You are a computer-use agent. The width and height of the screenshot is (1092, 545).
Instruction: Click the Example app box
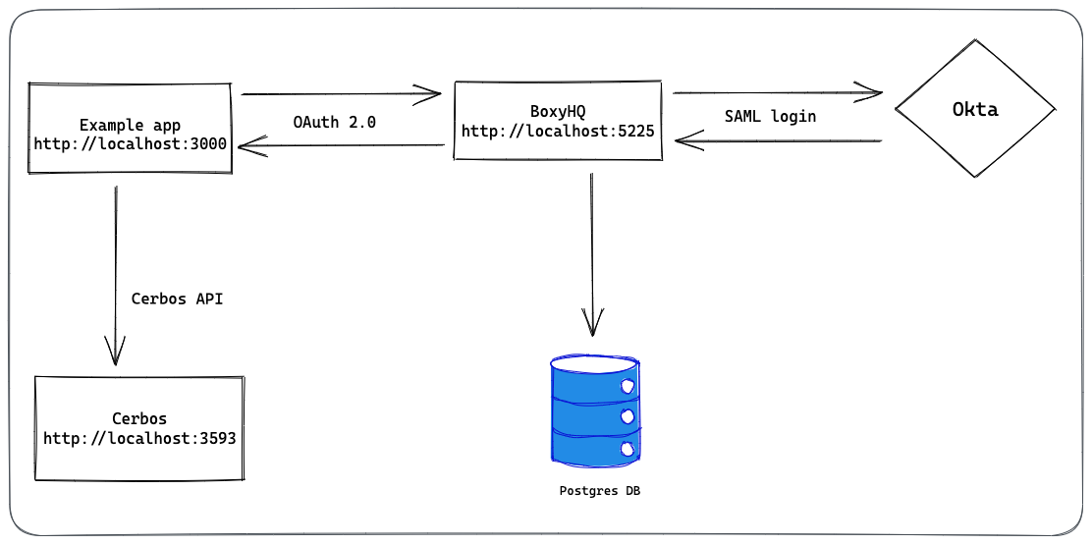click(x=130, y=128)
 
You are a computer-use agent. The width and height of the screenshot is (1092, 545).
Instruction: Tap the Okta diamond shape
click(x=974, y=109)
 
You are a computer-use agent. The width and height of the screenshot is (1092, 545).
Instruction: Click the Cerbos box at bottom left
click(x=138, y=427)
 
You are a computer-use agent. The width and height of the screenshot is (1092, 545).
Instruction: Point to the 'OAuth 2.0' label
click(x=334, y=123)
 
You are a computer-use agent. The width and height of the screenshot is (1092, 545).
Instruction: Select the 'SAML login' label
click(x=770, y=116)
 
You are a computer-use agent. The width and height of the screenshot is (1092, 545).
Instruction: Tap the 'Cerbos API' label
click(x=177, y=299)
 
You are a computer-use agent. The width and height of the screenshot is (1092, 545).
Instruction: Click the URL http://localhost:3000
click(x=131, y=143)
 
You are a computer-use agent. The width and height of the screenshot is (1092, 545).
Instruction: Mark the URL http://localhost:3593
click(x=139, y=438)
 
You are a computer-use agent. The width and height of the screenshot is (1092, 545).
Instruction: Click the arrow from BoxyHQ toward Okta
click(x=776, y=93)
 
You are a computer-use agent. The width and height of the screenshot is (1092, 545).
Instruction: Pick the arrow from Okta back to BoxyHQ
click(x=776, y=141)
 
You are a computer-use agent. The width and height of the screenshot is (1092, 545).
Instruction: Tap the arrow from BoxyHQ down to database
click(x=591, y=255)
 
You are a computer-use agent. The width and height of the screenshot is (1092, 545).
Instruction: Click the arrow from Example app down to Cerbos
click(x=116, y=275)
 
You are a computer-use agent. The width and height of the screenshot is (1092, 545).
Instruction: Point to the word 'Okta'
click(x=975, y=109)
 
